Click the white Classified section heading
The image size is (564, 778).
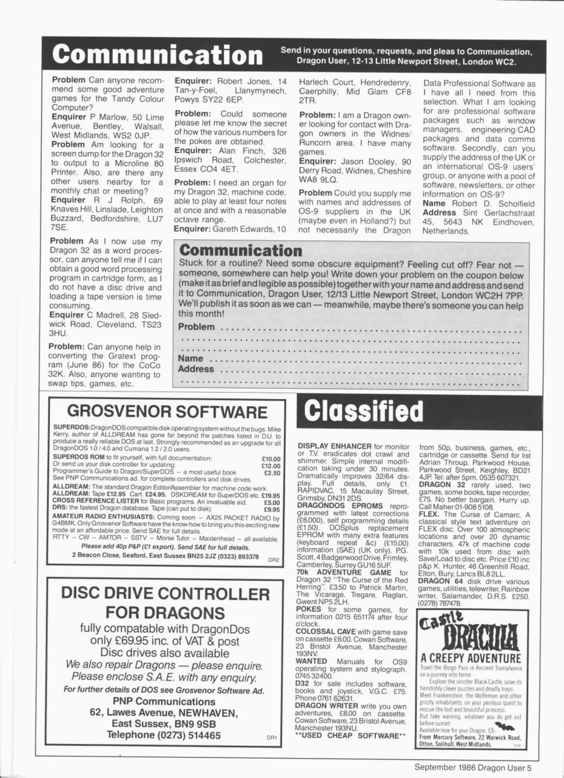pyautogui.click(x=364, y=411)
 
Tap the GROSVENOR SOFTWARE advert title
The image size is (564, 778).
pyautogui.click(x=167, y=411)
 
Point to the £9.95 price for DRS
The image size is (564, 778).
pyautogui.click(x=272, y=509)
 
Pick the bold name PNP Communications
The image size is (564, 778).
pyautogui.click(x=164, y=701)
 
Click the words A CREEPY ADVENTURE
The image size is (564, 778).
pyautogui.click(x=470, y=658)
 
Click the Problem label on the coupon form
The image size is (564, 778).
pyautogui.click(x=197, y=327)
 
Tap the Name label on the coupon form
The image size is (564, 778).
pyautogui.click(x=190, y=358)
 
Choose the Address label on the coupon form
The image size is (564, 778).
pyautogui.click(x=196, y=369)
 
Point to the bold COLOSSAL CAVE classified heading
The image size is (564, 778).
pyautogui.click(x=325, y=632)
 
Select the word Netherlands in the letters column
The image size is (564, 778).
pyautogui.click(x=446, y=231)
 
